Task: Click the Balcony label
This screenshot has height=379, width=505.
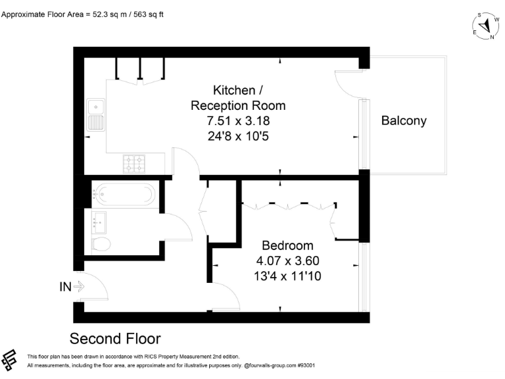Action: [404, 120]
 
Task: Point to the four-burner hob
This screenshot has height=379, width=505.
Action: [135, 161]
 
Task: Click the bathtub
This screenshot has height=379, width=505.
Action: [125, 194]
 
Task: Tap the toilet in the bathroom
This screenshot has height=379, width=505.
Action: [101, 244]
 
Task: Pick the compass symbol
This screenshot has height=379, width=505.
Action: [485, 26]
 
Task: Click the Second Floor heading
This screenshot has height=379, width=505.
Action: [115, 339]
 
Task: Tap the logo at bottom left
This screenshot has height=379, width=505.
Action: [10, 360]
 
